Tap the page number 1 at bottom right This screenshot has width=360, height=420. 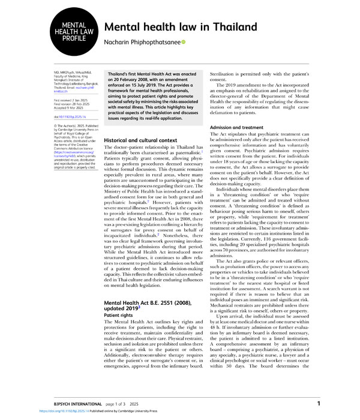pyautogui.click(x=319, y=403)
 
